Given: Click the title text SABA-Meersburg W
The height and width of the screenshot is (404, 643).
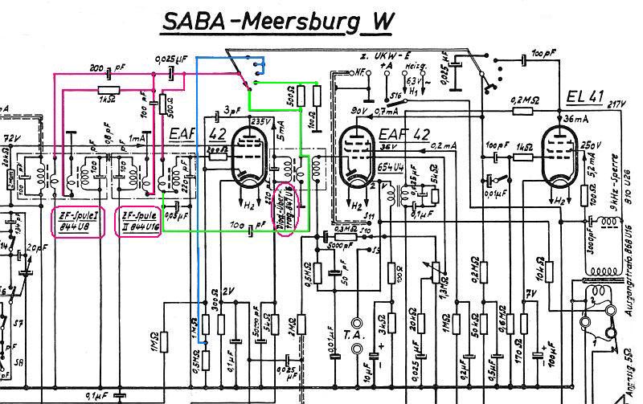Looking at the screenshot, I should coord(277,22).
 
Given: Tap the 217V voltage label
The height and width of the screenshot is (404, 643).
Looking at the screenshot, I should coord(616,104).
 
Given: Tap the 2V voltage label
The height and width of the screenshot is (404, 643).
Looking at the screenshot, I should coord(230,292).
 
